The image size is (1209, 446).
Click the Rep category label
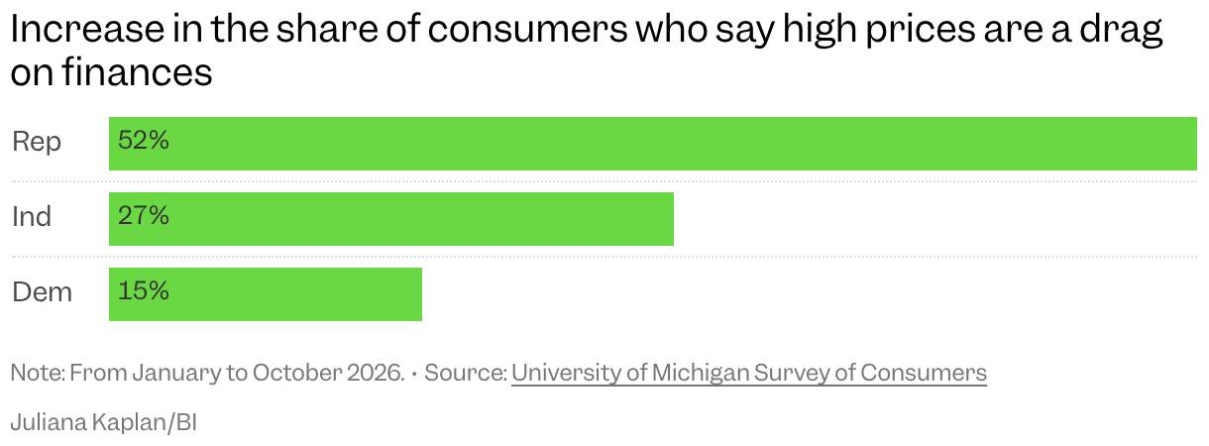(36, 143)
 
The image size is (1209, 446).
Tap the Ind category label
(32, 216)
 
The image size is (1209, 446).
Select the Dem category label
(42, 292)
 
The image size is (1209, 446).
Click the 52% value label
(144, 141)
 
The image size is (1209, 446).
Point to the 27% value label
(144, 215)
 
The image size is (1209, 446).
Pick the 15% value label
(144, 290)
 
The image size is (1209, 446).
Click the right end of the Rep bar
(1196, 144)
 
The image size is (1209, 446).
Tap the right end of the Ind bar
(673, 219)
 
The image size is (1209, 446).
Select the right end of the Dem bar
(421, 294)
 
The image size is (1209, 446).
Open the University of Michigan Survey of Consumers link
(749, 373)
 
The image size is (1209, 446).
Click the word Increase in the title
(87, 29)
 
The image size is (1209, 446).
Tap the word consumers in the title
(528, 29)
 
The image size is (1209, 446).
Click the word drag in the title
(1121, 31)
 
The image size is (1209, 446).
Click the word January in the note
(176, 374)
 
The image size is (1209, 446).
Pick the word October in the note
(296, 373)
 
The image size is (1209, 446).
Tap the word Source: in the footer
(466, 373)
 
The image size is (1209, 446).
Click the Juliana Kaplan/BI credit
(104, 422)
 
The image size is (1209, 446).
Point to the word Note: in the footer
(38, 373)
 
